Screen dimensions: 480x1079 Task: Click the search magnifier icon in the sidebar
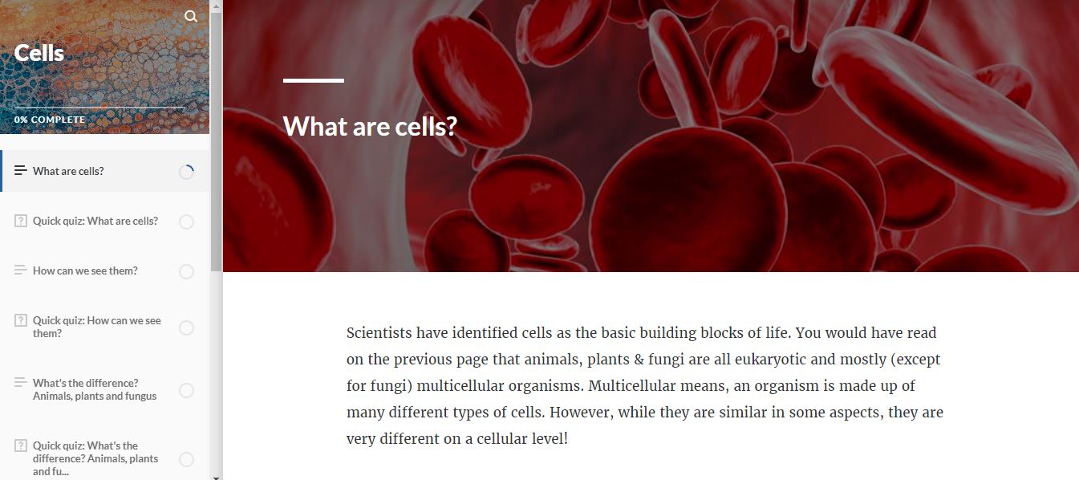click(x=191, y=16)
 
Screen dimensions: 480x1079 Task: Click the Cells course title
click(x=39, y=53)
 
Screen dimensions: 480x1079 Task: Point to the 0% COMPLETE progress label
click(x=50, y=120)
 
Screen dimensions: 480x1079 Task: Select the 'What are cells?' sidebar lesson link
click(x=68, y=171)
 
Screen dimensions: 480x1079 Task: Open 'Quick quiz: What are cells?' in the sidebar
click(x=95, y=221)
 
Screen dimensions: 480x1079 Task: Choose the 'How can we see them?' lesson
click(x=85, y=271)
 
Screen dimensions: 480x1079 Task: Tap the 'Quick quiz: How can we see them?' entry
click(x=96, y=327)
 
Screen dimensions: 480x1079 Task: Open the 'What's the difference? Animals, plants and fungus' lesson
click(x=94, y=389)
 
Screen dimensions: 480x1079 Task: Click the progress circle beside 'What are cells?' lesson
click(x=186, y=172)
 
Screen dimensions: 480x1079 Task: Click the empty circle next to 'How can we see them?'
click(x=186, y=271)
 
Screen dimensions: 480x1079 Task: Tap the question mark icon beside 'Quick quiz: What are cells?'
click(x=21, y=221)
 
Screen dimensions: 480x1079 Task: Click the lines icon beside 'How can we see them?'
click(x=21, y=271)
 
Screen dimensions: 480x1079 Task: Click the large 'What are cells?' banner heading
click(x=370, y=126)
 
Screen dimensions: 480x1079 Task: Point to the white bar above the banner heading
click(x=314, y=80)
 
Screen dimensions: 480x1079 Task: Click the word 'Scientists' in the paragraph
click(x=379, y=333)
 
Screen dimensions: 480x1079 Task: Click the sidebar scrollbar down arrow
click(x=216, y=476)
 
